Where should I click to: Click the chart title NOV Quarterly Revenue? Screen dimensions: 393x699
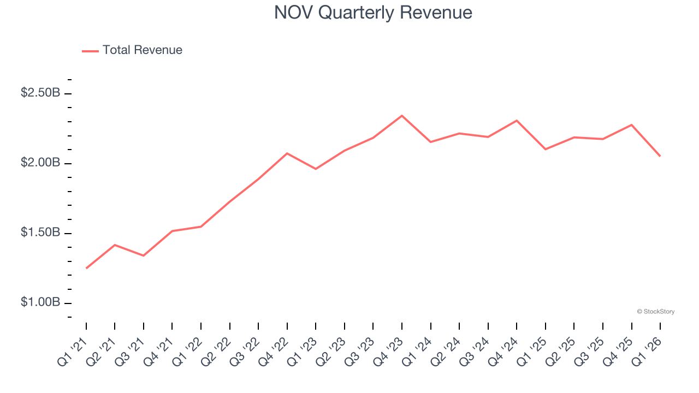pyautogui.click(x=373, y=12)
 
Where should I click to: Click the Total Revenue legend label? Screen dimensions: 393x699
pyautogui.click(x=142, y=50)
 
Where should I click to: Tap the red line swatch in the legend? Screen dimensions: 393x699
pyautogui.click(x=90, y=51)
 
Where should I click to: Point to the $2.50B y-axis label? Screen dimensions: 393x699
pyautogui.click(x=40, y=93)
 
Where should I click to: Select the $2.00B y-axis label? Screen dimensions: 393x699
pyautogui.click(x=40, y=163)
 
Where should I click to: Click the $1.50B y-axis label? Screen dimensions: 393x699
pyautogui.click(x=40, y=233)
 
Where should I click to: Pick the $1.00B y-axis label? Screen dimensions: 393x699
pyautogui.click(x=40, y=302)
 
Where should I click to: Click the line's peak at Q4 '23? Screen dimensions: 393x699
pyautogui.click(x=402, y=116)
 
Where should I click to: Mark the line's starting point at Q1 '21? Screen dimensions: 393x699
pyautogui.click(x=86, y=268)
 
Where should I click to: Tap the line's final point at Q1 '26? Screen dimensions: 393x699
pyautogui.click(x=660, y=156)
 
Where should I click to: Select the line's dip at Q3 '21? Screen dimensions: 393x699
pyautogui.click(x=144, y=255)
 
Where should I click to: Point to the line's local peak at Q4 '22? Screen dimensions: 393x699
pyautogui.click(x=287, y=153)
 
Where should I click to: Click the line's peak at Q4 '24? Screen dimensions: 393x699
pyautogui.click(x=517, y=121)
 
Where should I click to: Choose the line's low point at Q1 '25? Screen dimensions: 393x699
pyautogui.click(x=546, y=149)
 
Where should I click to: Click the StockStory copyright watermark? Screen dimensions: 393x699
pyautogui.click(x=655, y=312)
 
